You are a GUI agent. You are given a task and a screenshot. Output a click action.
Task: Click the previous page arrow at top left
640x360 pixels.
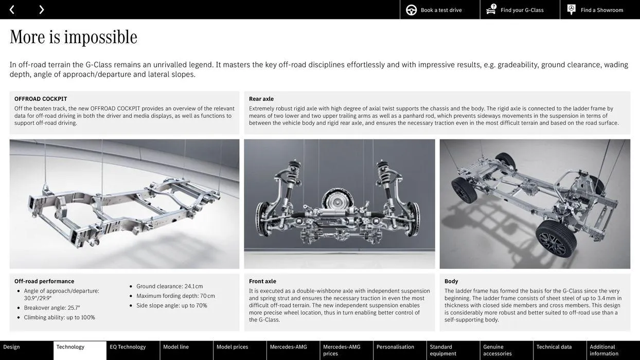(12, 9)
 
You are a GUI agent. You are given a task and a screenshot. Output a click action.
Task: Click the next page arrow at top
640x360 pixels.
(41, 9)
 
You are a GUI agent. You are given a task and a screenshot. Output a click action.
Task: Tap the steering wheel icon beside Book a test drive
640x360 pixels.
(411, 10)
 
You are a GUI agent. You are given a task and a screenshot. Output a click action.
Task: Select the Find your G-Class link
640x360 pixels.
(522, 10)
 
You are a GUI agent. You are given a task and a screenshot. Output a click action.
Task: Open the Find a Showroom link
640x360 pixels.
(601, 10)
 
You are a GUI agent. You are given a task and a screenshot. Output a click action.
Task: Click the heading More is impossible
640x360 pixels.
(74, 37)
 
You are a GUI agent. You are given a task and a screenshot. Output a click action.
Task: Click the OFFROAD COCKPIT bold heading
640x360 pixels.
(41, 99)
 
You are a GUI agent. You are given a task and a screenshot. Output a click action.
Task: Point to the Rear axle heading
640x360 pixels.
(261, 99)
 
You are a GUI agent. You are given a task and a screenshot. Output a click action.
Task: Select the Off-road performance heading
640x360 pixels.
(44, 281)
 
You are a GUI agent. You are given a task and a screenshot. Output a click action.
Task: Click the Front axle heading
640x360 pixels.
(262, 281)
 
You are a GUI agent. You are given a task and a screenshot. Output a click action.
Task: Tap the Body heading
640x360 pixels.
(451, 281)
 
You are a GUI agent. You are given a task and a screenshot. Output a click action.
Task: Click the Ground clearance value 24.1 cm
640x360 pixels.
(193, 286)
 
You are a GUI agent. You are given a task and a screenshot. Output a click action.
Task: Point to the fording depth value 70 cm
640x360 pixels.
(207, 296)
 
